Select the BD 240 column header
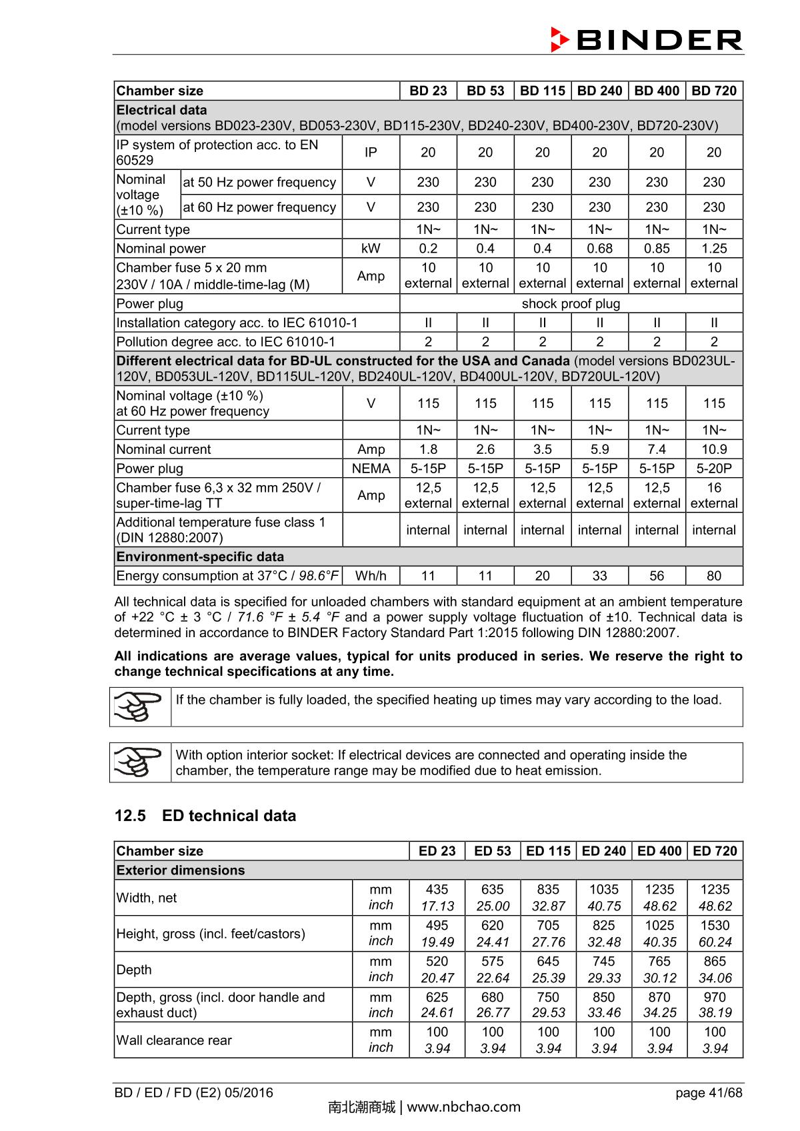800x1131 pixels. click(599, 91)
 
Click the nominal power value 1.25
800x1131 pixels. click(713, 249)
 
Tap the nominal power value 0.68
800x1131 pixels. click(599, 249)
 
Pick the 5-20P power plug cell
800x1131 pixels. click(713, 469)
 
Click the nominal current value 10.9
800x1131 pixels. click(713, 449)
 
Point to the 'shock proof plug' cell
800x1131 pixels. click(571, 304)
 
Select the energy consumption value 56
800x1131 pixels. click(657, 576)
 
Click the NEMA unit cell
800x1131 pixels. click(371, 469)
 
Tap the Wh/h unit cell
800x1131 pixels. click(371, 576)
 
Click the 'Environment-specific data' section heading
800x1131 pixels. click(200, 557)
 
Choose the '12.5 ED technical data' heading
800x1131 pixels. click(205, 816)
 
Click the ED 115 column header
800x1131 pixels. click(548, 851)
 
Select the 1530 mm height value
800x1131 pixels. click(715, 925)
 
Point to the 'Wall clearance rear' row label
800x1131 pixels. click(174, 1040)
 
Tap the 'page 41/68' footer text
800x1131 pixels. click(708, 1093)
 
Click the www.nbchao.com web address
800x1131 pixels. click(463, 1108)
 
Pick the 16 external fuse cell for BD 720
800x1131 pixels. click(713, 495)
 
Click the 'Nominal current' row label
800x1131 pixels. click(163, 449)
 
